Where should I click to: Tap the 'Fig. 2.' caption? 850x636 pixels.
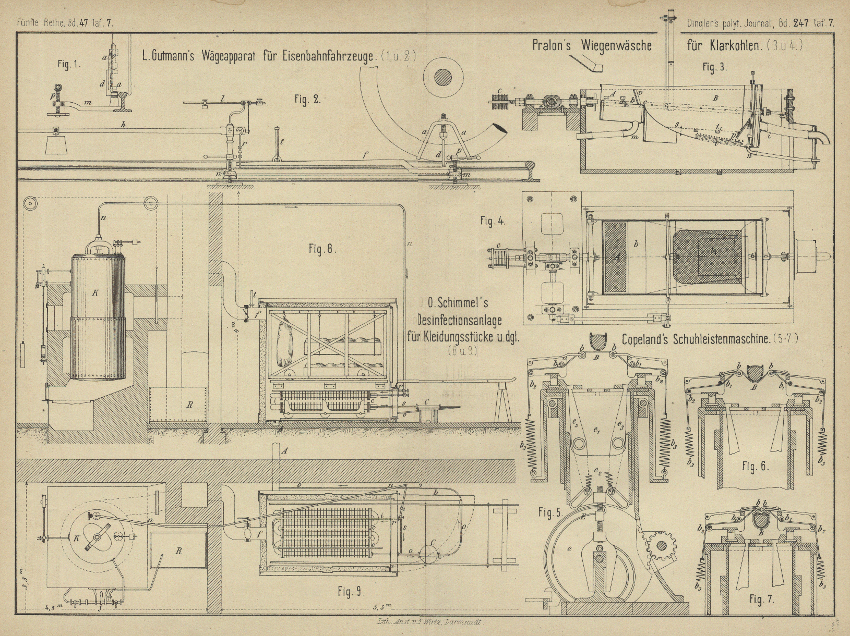pos(307,100)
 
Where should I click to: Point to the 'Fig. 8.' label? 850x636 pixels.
pos(322,249)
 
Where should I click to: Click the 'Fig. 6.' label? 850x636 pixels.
pos(756,467)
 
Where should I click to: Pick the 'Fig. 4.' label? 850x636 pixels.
pos(493,221)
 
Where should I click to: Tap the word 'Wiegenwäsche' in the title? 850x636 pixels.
pos(616,45)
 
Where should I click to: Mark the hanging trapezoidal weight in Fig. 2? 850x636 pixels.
pos(56,142)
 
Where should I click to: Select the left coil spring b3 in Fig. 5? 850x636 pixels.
pos(533,442)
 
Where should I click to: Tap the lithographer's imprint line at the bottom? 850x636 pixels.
pos(431,622)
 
